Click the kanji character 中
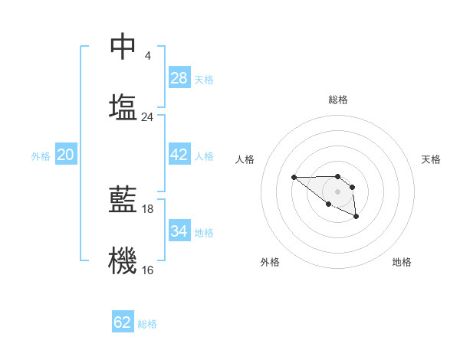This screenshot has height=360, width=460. pos(123,47)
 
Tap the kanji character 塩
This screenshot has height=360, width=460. pos(123,106)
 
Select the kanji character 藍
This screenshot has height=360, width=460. pos(123,199)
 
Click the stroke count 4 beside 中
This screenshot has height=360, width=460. pos(148,55)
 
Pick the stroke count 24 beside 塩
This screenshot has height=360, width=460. pos(148,117)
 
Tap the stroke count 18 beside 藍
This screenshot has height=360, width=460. pos(148,208)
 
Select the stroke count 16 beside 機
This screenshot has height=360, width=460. pos(148,270)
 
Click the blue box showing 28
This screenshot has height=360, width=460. pos(179,78)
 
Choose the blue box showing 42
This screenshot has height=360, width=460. pos(179,155)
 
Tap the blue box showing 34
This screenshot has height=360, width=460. pos(179,231)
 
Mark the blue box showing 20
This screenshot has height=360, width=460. pos(66,155)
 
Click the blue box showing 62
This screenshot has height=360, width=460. pos(123,322)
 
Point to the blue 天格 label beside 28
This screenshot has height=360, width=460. pos(204,79)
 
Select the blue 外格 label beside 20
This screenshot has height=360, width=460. pos(41,155)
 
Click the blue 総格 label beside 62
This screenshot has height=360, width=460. pos(147,323)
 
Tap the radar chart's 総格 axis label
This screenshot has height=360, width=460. pos(337,100)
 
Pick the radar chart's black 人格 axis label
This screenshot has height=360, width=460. pos(245,159)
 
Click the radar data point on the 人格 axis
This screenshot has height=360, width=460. pos(294,178)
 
